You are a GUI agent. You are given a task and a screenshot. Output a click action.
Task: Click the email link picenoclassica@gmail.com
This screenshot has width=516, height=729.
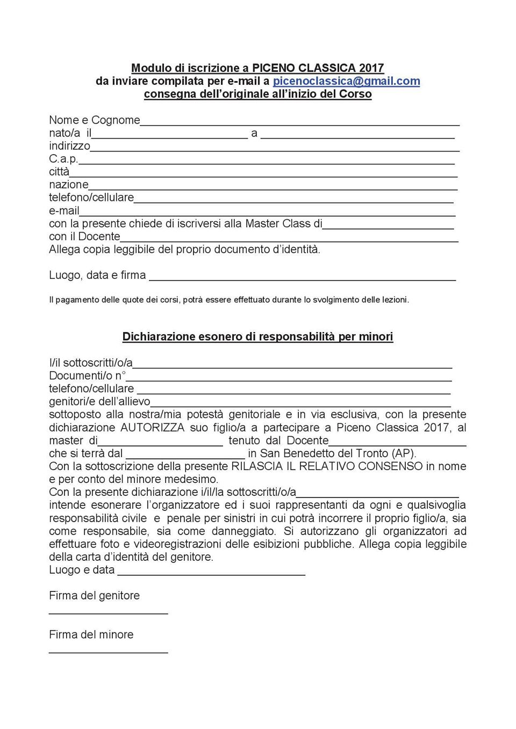coord(346,81)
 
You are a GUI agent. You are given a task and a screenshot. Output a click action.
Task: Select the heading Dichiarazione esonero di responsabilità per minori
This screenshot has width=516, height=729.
coord(257,337)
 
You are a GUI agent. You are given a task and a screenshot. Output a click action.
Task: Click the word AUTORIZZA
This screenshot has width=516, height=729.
coord(152,428)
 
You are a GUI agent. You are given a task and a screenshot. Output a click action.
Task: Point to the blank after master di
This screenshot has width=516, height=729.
coord(160,444)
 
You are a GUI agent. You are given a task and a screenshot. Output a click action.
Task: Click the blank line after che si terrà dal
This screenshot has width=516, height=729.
coord(185,457)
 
